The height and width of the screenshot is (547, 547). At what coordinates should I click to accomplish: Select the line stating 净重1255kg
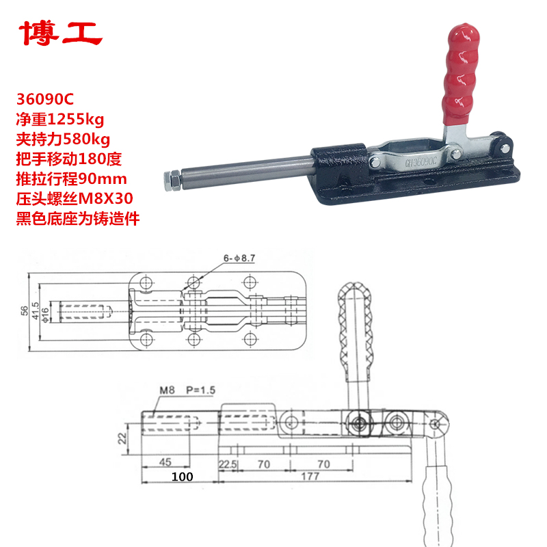(62, 121)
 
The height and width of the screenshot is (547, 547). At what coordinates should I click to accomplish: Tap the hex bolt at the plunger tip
(171, 181)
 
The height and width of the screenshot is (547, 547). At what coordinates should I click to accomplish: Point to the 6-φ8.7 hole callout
(238, 258)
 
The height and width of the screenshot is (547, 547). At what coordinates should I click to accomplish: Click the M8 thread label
(168, 390)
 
